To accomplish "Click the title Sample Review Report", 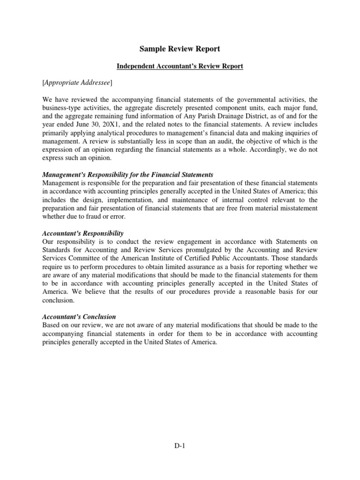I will point(180,49).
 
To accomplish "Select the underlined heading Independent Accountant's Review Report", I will point(180,66).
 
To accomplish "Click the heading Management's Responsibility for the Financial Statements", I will point(127,175).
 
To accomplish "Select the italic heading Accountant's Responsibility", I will point(82,233).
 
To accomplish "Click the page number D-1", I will point(180,447).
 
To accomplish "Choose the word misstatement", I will point(296,208).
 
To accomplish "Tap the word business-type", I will point(60,108).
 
